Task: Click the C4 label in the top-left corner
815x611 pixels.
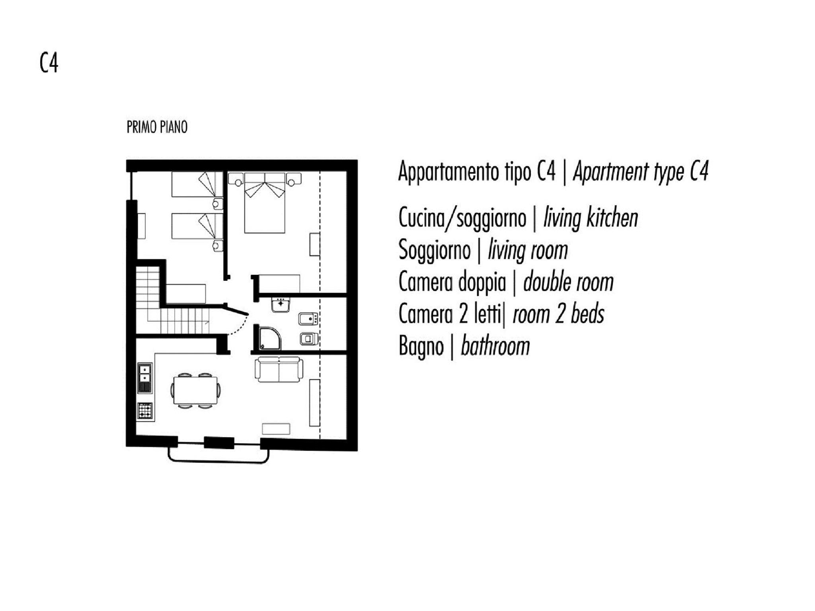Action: click(x=49, y=63)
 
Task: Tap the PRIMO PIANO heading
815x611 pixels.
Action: click(x=157, y=127)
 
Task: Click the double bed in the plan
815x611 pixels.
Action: click(x=265, y=203)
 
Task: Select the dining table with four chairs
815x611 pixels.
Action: click(x=195, y=391)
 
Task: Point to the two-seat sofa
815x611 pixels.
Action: click(x=279, y=370)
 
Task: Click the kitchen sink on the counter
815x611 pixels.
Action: click(x=144, y=377)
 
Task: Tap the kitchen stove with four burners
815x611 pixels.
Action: click(x=145, y=411)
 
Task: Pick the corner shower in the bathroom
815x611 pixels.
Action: click(x=269, y=339)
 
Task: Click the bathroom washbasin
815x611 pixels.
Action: click(x=281, y=305)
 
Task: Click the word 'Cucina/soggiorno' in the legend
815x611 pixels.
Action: click(x=462, y=218)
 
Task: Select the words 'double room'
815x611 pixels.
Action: click(x=568, y=282)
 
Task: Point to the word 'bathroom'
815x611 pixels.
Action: click(x=495, y=346)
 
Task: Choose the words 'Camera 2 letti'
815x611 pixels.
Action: click(x=450, y=314)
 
